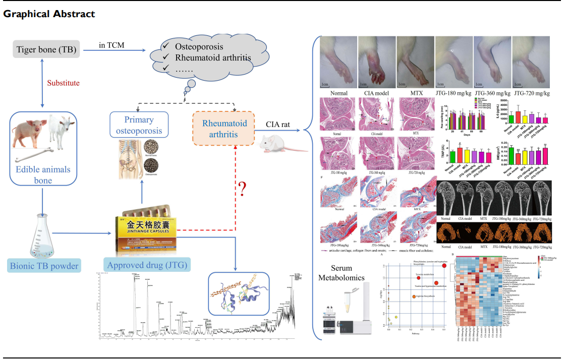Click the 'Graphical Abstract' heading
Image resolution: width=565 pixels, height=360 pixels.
49,14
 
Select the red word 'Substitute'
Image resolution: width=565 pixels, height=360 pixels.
63,83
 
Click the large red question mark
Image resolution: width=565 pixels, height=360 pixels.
243,189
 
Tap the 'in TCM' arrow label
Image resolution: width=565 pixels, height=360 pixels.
111,46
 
